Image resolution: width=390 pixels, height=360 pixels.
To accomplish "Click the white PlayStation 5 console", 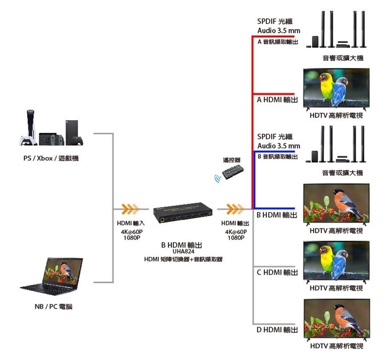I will click(29, 128).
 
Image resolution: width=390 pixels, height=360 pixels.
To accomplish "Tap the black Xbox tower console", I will click(72, 132).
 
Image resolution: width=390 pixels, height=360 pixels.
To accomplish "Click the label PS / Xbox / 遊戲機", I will click(51, 158).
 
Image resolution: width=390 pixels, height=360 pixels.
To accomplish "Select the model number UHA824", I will click(183, 251).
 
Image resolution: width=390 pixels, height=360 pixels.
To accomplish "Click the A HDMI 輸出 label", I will click(277, 100).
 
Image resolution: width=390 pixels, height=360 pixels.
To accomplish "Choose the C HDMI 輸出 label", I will click(277, 272).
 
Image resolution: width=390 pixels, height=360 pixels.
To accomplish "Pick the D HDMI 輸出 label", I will click(277, 330).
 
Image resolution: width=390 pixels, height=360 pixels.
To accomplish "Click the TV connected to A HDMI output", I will click(335, 88).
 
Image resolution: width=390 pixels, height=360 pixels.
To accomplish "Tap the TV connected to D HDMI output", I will click(335, 319).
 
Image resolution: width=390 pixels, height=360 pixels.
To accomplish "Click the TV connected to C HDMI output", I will click(335, 261).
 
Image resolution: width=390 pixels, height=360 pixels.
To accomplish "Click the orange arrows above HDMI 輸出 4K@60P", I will click(235, 209).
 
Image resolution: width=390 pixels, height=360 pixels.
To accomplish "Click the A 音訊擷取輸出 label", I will click(278, 42).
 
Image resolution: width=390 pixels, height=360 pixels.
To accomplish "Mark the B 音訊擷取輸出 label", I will click(278, 157).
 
